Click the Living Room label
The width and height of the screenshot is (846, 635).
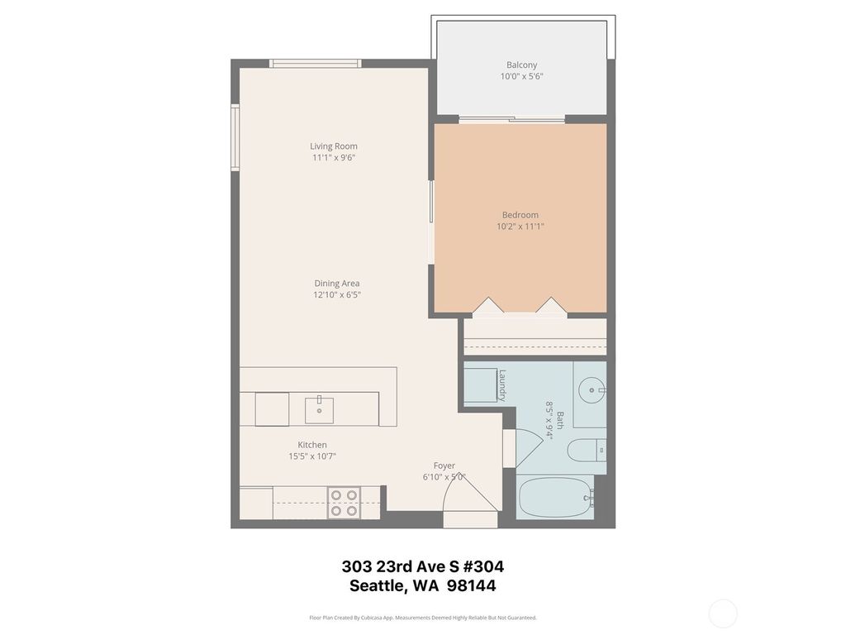click(x=334, y=146)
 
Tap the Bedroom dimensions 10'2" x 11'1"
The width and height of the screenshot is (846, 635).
click(x=520, y=226)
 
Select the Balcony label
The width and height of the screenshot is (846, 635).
click(x=521, y=65)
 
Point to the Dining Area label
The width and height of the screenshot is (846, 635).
click(x=336, y=284)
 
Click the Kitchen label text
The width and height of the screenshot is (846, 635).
click(x=312, y=445)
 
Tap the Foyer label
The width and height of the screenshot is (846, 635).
click(x=444, y=466)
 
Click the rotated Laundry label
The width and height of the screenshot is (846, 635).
click(x=501, y=385)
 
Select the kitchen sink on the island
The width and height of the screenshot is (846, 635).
click(x=319, y=408)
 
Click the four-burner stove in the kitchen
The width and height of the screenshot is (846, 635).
click(x=344, y=503)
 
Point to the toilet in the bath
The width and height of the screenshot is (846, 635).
click(x=587, y=451)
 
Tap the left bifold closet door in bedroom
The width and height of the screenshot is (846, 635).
click(x=487, y=306)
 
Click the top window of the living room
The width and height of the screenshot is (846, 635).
click(x=315, y=63)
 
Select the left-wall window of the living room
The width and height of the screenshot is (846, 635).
click(x=235, y=137)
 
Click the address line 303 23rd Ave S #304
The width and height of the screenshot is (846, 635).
click(x=422, y=566)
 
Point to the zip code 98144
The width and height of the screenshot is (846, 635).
click(x=471, y=585)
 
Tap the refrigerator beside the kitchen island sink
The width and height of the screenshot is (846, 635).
click(x=272, y=408)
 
